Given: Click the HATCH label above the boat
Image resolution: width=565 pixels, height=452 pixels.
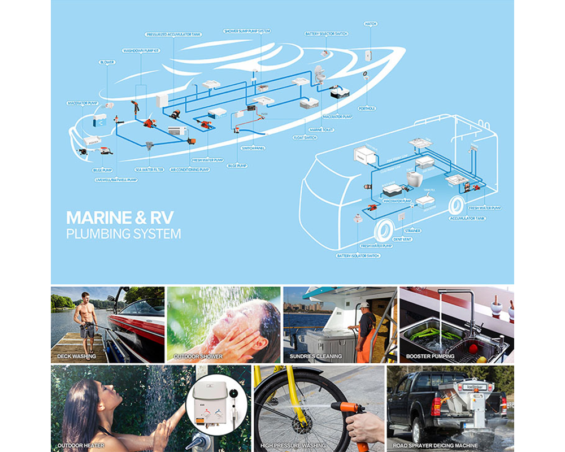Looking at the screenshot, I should [371, 24].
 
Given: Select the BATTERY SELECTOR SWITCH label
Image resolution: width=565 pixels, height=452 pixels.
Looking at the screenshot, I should [326, 34].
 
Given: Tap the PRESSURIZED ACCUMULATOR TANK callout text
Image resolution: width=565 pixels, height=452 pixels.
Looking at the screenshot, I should [173, 34].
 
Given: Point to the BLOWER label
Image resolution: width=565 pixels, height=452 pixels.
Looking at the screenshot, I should [107, 62].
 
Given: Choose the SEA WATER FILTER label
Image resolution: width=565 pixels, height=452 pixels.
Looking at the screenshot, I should [149, 169].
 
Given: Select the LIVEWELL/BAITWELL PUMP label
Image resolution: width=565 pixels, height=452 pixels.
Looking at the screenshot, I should [116, 180].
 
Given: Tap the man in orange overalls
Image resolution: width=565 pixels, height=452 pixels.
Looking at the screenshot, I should [366, 331].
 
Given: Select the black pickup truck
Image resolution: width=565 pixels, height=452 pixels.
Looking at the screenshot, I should [421, 402].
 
